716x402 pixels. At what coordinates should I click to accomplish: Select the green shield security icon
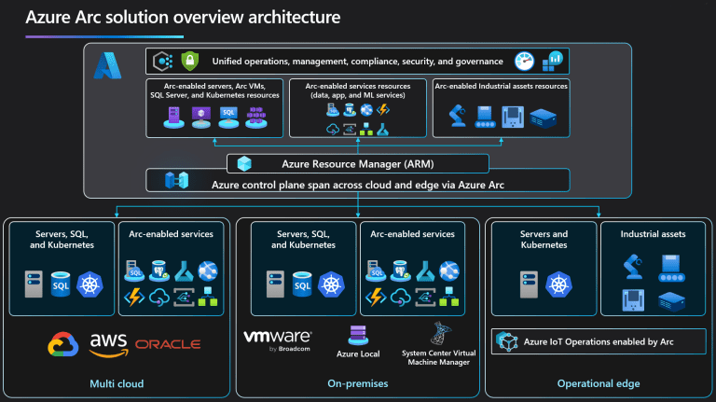[190, 62]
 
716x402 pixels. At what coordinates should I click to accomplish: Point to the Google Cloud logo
[63, 344]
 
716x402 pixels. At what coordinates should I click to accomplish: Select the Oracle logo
[168, 344]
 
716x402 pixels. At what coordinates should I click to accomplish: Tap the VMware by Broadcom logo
[277, 340]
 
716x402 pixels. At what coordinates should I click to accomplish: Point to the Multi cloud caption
[116, 383]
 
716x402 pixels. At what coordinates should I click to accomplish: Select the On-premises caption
[357, 383]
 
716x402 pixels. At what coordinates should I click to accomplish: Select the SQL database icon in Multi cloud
[62, 283]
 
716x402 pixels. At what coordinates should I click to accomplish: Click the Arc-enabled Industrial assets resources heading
[501, 86]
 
